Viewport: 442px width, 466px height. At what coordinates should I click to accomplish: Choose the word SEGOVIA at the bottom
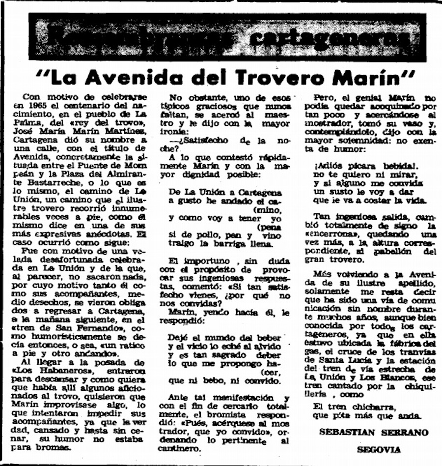coord(379,449)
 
